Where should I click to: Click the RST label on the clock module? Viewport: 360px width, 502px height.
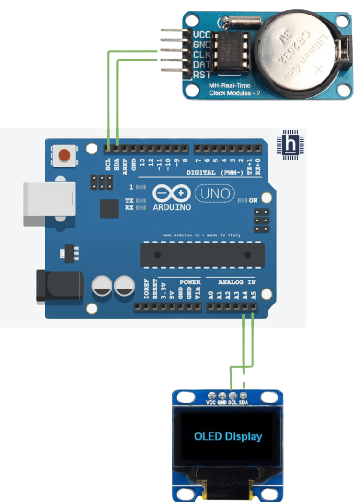(x=201, y=74)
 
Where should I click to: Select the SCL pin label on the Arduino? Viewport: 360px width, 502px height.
(x=108, y=166)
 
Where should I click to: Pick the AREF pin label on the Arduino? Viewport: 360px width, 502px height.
(x=125, y=167)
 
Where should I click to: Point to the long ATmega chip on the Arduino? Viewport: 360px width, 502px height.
(x=202, y=255)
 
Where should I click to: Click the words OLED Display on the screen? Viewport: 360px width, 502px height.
(x=228, y=436)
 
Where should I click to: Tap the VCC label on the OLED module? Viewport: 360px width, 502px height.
(x=211, y=403)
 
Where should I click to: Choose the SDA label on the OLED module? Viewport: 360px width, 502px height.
(x=243, y=403)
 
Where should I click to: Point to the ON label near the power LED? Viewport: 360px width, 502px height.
(x=253, y=200)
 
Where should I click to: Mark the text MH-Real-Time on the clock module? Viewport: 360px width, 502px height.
(x=230, y=85)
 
